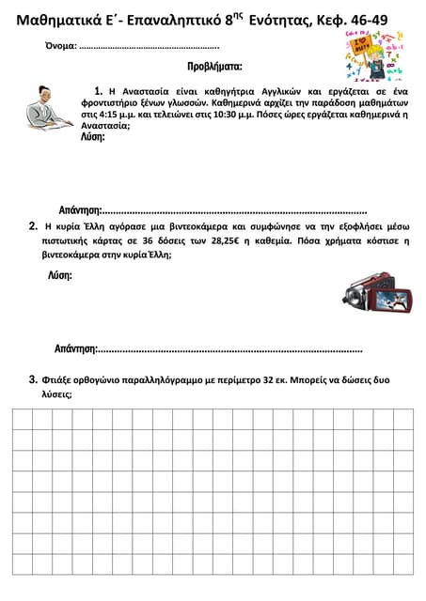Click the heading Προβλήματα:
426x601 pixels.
click(214, 67)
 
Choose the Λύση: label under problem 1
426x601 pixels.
click(93, 136)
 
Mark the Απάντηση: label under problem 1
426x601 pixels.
click(78, 209)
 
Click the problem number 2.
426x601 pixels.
click(34, 225)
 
